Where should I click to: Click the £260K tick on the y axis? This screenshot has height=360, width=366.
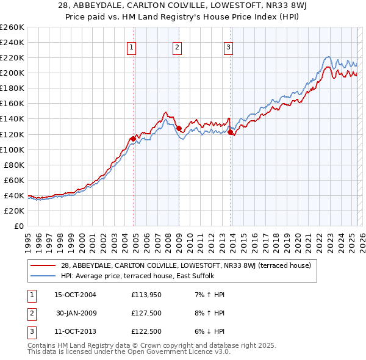click(12, 27)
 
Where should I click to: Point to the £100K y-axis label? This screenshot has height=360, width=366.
click(12, 149)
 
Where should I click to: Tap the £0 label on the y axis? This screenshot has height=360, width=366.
click(19, 226)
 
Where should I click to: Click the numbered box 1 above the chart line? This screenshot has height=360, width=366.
click(132, 48)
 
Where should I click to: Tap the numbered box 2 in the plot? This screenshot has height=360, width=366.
click(177, 48)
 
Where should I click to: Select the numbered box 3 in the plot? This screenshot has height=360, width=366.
click(228, 48)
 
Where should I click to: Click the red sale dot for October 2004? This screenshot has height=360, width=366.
click(133, 139)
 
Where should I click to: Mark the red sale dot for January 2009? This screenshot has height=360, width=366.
click(179, 128)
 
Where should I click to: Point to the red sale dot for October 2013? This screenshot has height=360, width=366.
click(231, 132)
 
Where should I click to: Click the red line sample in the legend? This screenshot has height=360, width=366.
click(45, 265)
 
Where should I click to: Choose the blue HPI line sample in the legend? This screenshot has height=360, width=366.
click(45, 275)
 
